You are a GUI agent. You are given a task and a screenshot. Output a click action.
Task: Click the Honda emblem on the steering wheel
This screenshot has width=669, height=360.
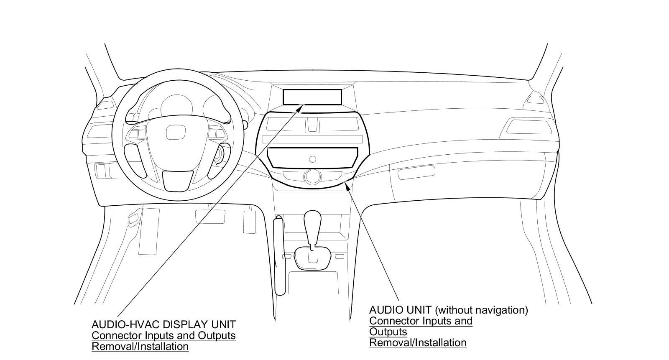click(173, 132)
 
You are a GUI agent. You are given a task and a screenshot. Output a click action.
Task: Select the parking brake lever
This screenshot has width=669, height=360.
click(279, 255)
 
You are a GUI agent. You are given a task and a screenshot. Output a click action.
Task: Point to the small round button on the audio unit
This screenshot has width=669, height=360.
click(312, 159)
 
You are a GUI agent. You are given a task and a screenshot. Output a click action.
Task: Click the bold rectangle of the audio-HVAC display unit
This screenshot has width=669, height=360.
click(312, 97)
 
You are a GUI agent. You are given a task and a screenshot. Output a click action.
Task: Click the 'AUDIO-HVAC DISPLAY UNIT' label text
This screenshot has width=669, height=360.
click(163, 324)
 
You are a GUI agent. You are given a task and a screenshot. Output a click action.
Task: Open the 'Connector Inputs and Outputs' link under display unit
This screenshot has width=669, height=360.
click(163, 335)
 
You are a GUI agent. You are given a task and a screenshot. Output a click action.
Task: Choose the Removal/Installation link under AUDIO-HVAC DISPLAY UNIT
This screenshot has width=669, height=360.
click(140, 346)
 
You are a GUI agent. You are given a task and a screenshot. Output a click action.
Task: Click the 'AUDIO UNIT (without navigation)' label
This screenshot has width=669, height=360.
click(448, 310)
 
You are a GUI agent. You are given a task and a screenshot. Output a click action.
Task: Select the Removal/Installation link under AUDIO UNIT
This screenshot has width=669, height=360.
click(417, 342)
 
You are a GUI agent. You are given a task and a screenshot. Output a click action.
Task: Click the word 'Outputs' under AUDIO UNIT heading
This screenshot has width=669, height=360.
click(388, 332)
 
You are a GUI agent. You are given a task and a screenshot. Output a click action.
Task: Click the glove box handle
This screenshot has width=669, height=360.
click(416, 172)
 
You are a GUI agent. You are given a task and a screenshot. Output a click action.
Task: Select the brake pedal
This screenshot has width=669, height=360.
click(209, 216)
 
